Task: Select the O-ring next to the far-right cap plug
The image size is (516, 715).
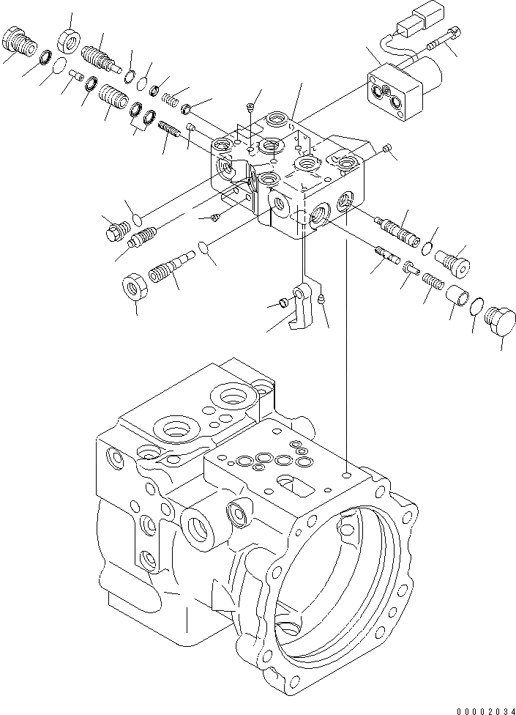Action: coord(475,306)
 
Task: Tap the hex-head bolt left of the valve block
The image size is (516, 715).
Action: coord(113,232)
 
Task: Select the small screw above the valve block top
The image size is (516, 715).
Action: coord(251,107)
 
